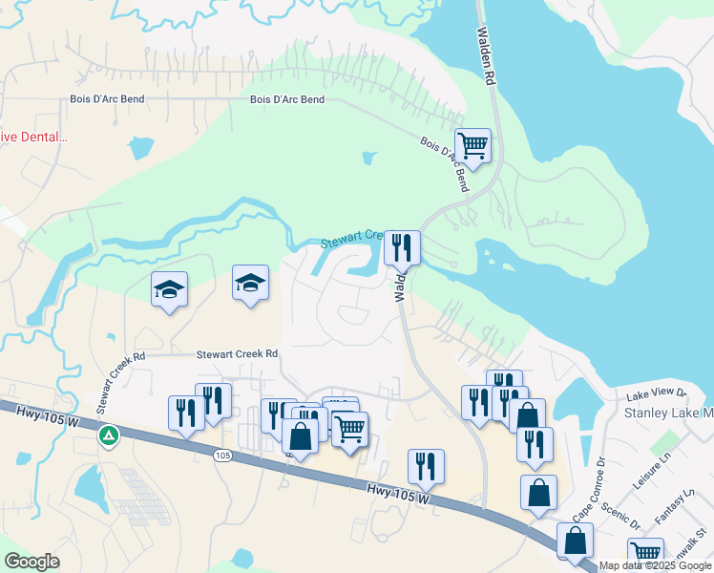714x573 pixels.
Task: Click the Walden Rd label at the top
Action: pyautogui.click(x=486, y=58)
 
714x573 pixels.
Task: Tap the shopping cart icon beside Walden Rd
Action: pyautogui.click(x=472, y=146)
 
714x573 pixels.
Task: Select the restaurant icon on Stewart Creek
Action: pyautogui.click(x=402, y=248)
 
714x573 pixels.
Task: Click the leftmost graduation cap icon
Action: pyautogui.click(x=169, y=289)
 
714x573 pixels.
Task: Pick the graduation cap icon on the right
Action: pyautogui.click(x=250, y=283)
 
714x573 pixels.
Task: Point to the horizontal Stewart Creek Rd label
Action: pyautogui.click(x=237, y=354)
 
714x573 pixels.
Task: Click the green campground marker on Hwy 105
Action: pyautogui.click(x=109, y=435)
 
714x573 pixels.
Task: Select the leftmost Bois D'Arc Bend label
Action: pyautogui.click(x=106, y=99)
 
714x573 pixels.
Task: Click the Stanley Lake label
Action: pyautogui.click(x=668, y=413)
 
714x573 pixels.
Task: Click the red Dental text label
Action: pyautogui.click(x=34, y=137)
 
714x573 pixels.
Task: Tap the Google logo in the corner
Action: pyautogui.click(x=31, y=562)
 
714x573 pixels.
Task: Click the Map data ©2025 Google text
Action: pyautogui.click(x=656, y=565)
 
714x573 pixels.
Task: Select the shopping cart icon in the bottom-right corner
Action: pyautogui.click(x=646, y=552)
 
